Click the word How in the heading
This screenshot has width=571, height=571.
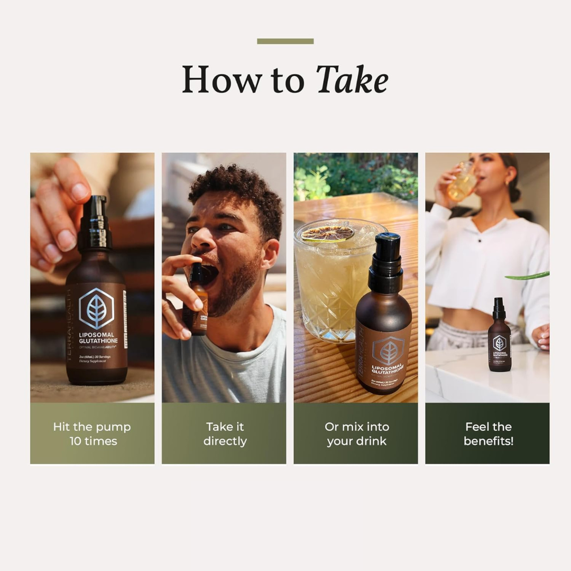click(222, 80)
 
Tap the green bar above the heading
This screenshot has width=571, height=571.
click(285, 41)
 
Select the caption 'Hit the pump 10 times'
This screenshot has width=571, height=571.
click(92, 434)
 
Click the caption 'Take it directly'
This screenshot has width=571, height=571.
click(224, 434)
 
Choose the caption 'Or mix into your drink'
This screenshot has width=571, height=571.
click(356, 434)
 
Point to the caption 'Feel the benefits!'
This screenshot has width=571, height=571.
click(488, 434)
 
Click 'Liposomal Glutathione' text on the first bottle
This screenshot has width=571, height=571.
click(98, 338)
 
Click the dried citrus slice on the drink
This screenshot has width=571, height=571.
click(327, 233)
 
